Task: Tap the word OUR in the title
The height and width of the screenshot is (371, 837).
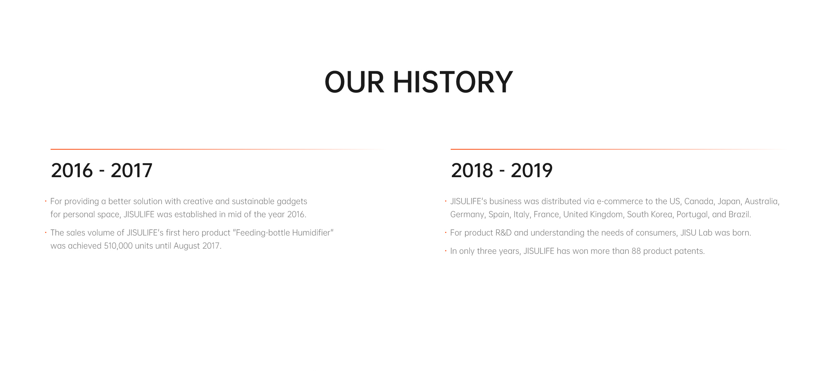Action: [x=354, y=82]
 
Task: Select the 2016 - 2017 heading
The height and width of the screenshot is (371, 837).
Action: [x=102, y=171]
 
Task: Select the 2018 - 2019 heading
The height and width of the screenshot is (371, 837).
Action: [x=502, y=171]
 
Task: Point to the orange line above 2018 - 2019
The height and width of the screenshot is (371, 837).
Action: [x=618, y=149]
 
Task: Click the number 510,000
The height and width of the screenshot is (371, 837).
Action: [x=118, y=246]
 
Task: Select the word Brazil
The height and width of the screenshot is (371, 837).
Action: [x=739, y=214]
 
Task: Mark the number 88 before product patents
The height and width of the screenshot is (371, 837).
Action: [x=636, y=251]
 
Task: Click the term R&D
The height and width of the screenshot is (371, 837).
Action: [x=503, y=233]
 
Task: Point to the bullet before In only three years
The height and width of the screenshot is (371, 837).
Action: [x=446, y=251]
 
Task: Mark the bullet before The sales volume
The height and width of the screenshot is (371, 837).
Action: [x=46, y=233]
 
